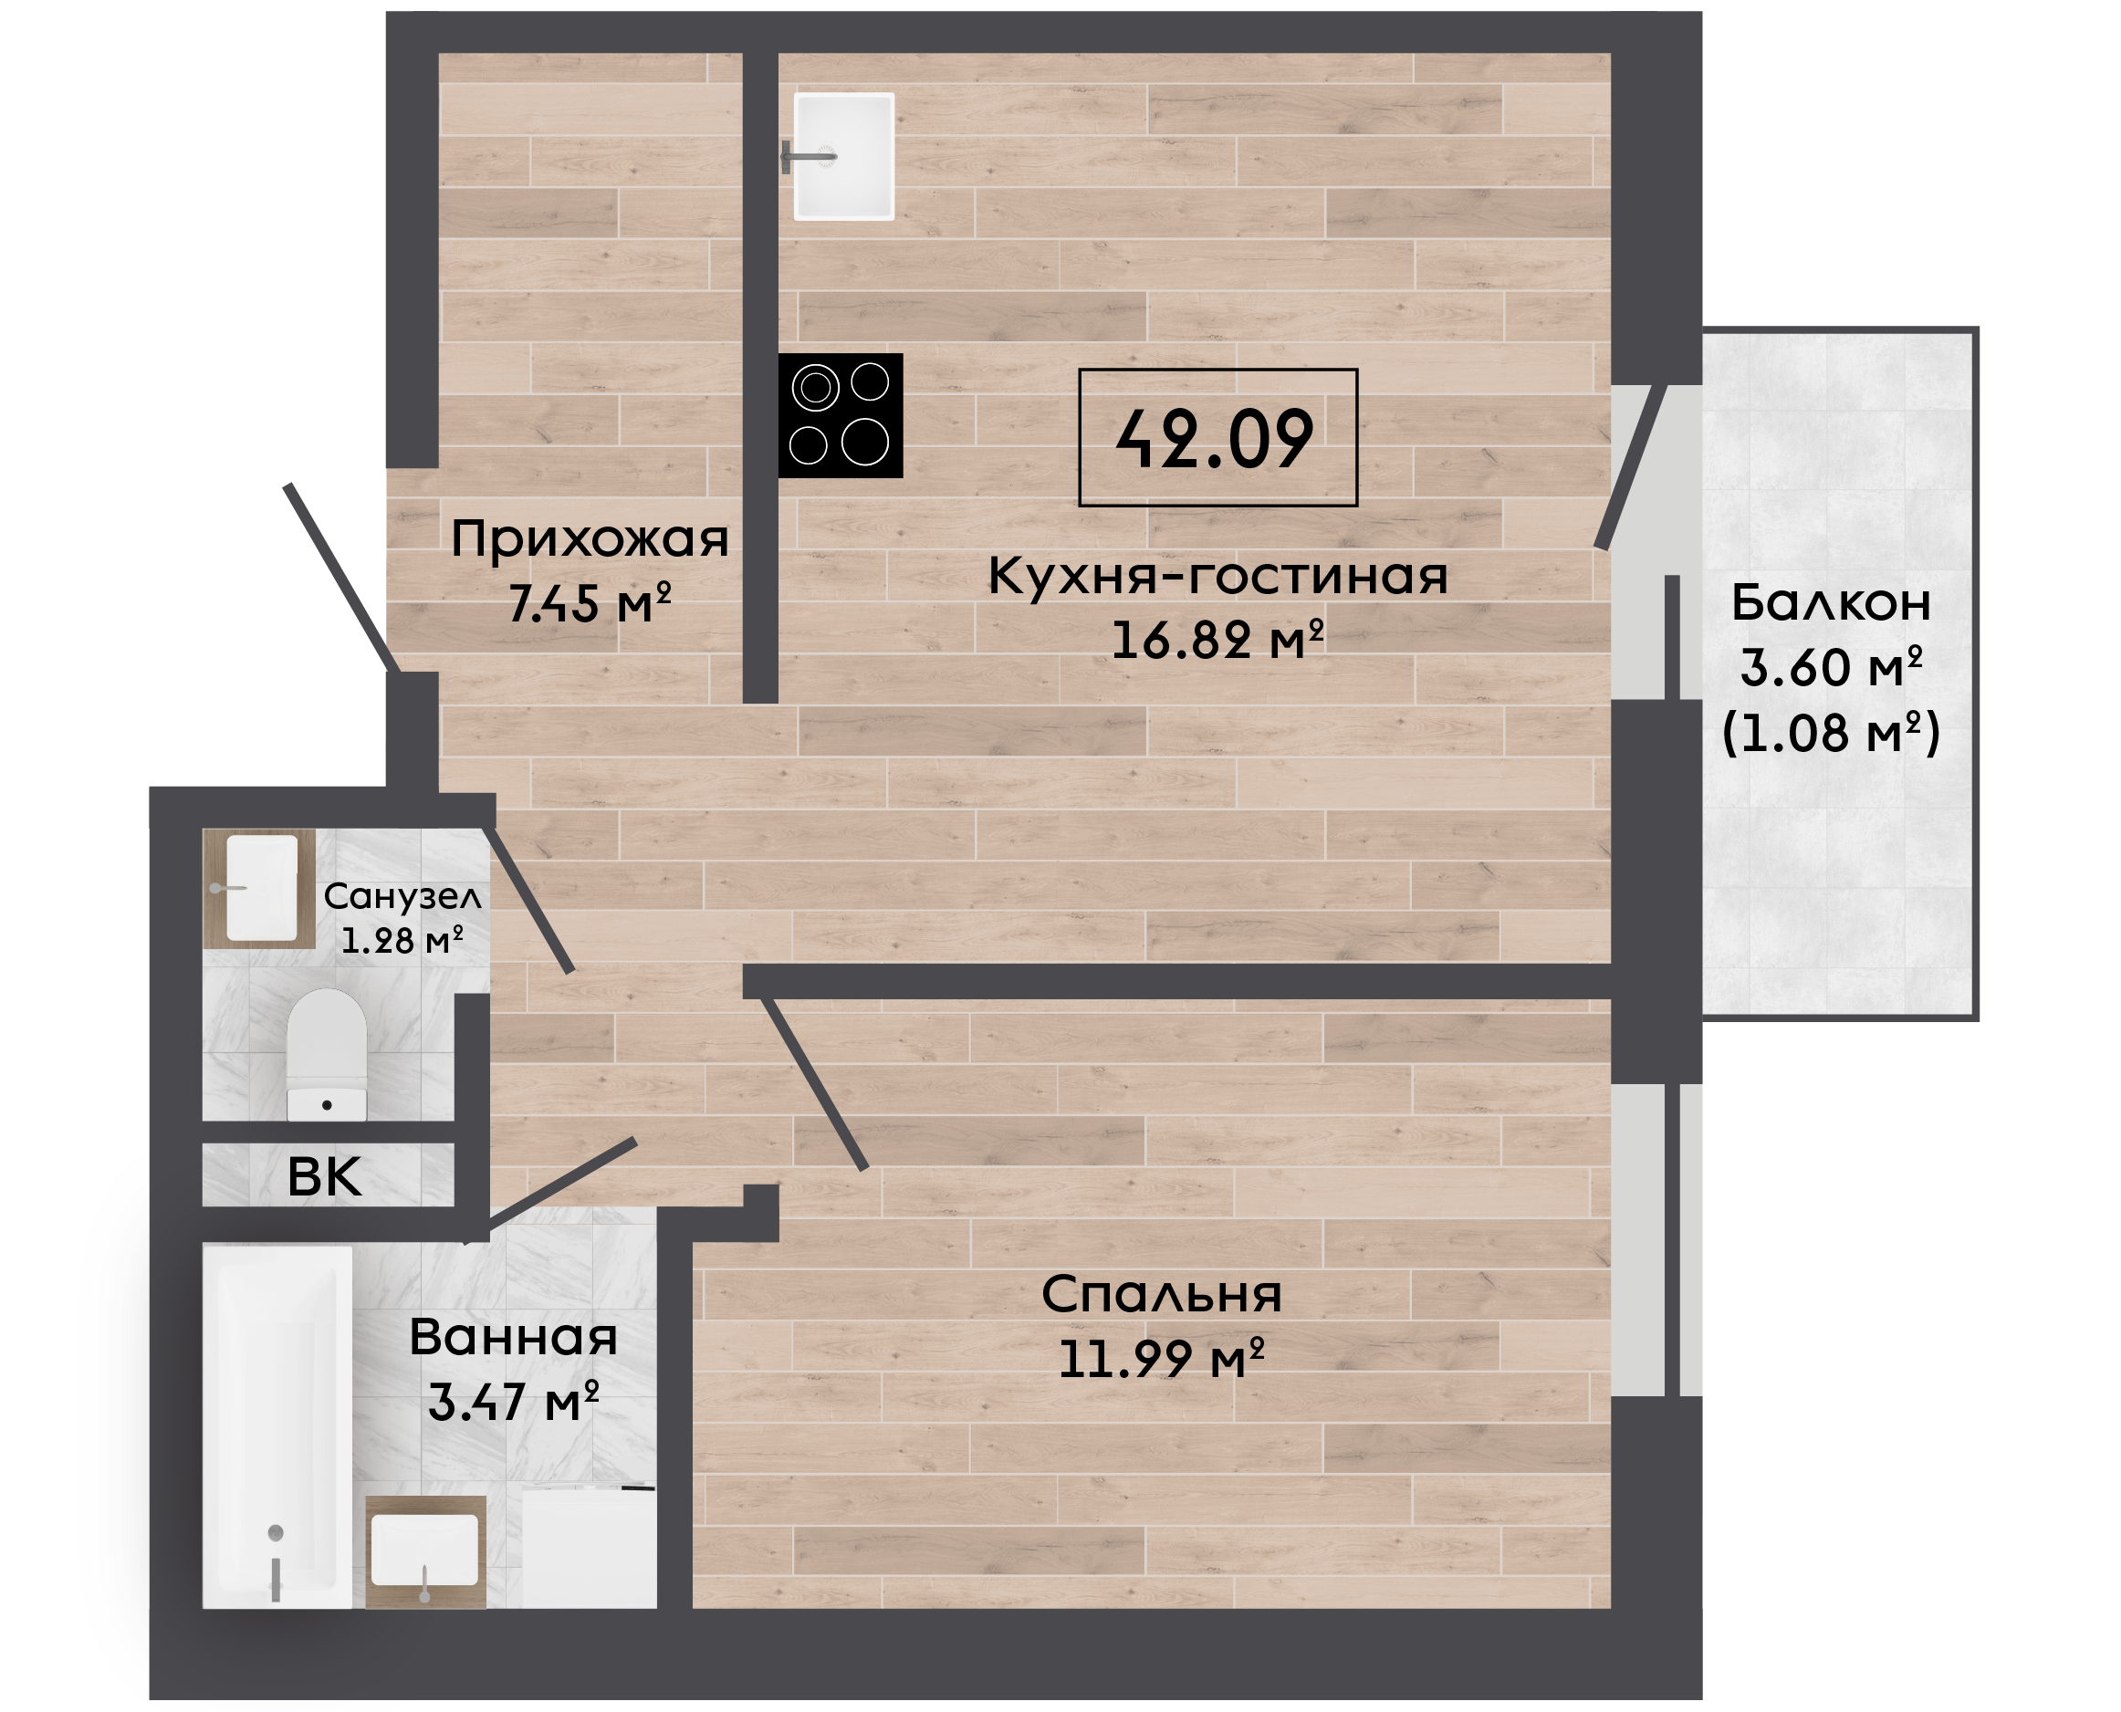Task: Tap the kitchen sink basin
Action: point(844,156)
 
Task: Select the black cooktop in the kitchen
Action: point(841,415)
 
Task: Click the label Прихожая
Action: point(590,539)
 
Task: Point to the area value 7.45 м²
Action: point(590,603)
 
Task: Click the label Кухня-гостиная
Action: point(1217,575)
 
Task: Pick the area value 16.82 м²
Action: point(1217,639)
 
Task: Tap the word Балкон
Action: point(1831,601)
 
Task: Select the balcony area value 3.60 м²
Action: point(1831,667)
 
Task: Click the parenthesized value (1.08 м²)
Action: point(1831,733)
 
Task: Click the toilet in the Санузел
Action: point(327,1054)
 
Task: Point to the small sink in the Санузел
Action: point(261,888)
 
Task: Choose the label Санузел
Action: point(402,896)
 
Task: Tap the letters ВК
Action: point(324,1176)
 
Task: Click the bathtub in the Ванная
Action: point(277,1428)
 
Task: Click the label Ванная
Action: point(514,1337)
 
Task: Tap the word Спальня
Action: point(1162,1294)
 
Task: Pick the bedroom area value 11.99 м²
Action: point(1162,1359)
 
